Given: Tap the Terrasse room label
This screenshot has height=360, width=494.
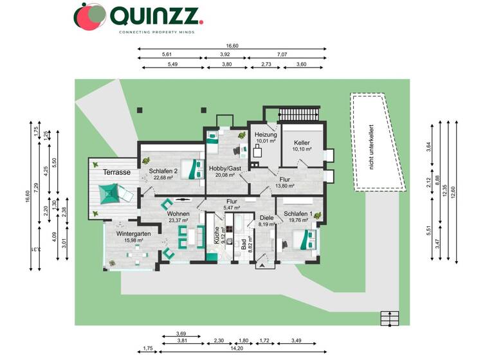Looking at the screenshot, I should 117,173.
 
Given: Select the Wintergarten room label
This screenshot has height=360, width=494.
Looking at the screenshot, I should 133,234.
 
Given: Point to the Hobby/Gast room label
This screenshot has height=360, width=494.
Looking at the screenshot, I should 224,168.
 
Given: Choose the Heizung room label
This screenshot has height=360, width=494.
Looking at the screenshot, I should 266,135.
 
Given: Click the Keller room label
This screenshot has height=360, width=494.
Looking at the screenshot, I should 302,143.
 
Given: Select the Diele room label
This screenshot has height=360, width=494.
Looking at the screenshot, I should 267,218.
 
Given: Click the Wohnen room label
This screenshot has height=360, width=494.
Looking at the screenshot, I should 178,213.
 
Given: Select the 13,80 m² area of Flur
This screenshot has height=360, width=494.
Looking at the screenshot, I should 284,186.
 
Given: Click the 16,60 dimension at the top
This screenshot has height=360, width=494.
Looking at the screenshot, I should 232,46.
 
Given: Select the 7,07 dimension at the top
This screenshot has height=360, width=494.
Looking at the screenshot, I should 282,55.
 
